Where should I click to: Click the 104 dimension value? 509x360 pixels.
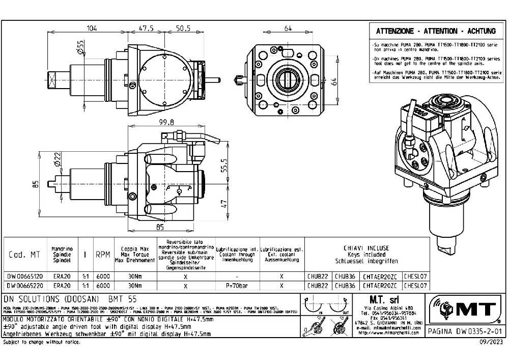pyautogui.click(x=92, y=28)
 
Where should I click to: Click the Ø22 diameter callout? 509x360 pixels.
pyautogui.click(x=59, y=162)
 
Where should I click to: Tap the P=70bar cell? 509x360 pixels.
pyautogui.click(x=237, y=286)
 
